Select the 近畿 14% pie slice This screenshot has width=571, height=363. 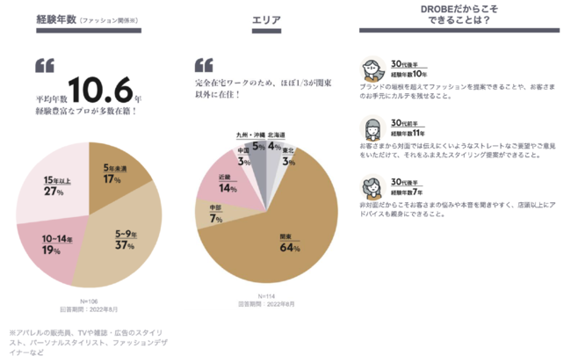pyautogui.click(x=228, y=183)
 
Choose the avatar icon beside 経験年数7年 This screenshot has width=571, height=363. pyautogui.click(x=369, y=186)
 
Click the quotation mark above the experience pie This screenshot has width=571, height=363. pyautogui.click(x=45, y=66)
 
